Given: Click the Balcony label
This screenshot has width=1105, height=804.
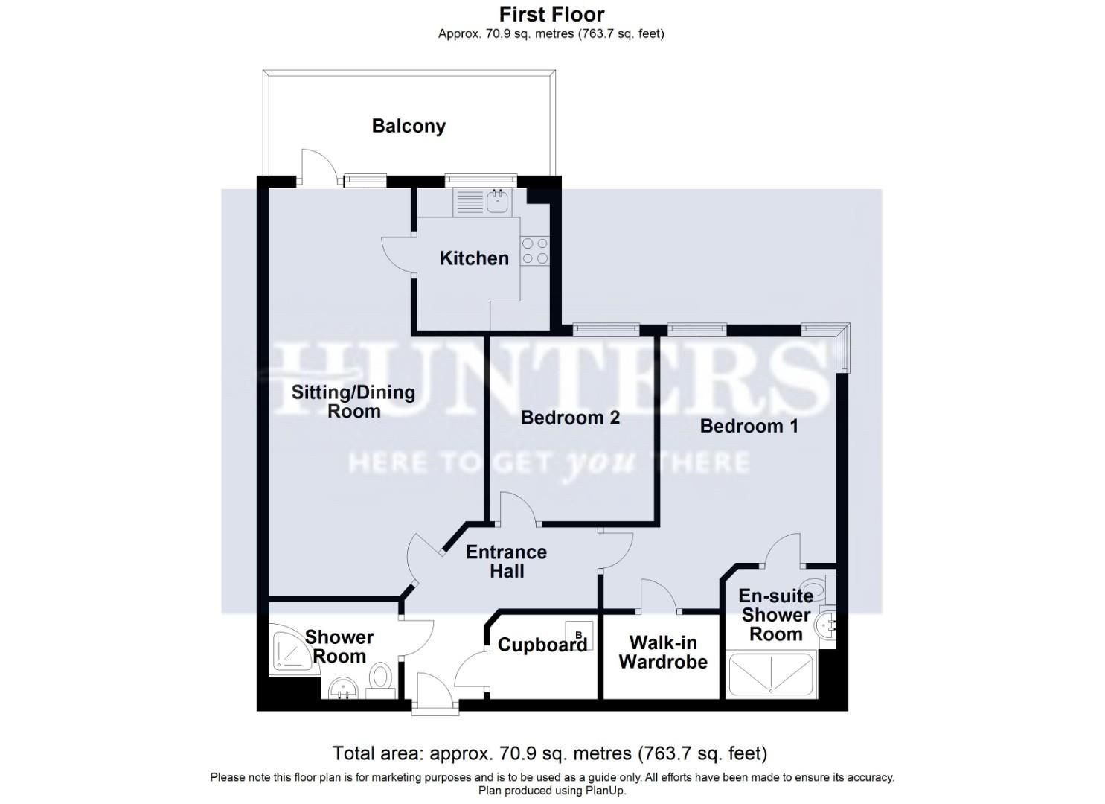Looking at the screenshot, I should [x=409, y=126].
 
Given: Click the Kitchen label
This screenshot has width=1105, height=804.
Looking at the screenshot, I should [x=474, y=258].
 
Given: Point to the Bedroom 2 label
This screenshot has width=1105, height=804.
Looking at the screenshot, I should [x=570, y=418].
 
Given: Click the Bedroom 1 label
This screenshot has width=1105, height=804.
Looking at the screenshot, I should [x=749, y=426].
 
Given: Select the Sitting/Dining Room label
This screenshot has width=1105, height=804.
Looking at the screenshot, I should [x=353, y=401].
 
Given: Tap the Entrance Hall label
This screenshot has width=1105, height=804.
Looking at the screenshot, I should [x=506, y=561].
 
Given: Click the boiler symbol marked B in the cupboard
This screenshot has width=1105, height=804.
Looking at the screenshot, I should [x=579, y=634].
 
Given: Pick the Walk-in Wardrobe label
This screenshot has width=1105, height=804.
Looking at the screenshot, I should [x=662, y=652].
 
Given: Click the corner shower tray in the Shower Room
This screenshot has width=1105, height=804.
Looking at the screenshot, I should [x=292, y=651].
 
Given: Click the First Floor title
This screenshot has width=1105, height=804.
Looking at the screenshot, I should [x=551, y=14].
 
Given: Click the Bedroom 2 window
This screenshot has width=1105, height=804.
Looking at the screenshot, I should [x=606, y=328].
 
